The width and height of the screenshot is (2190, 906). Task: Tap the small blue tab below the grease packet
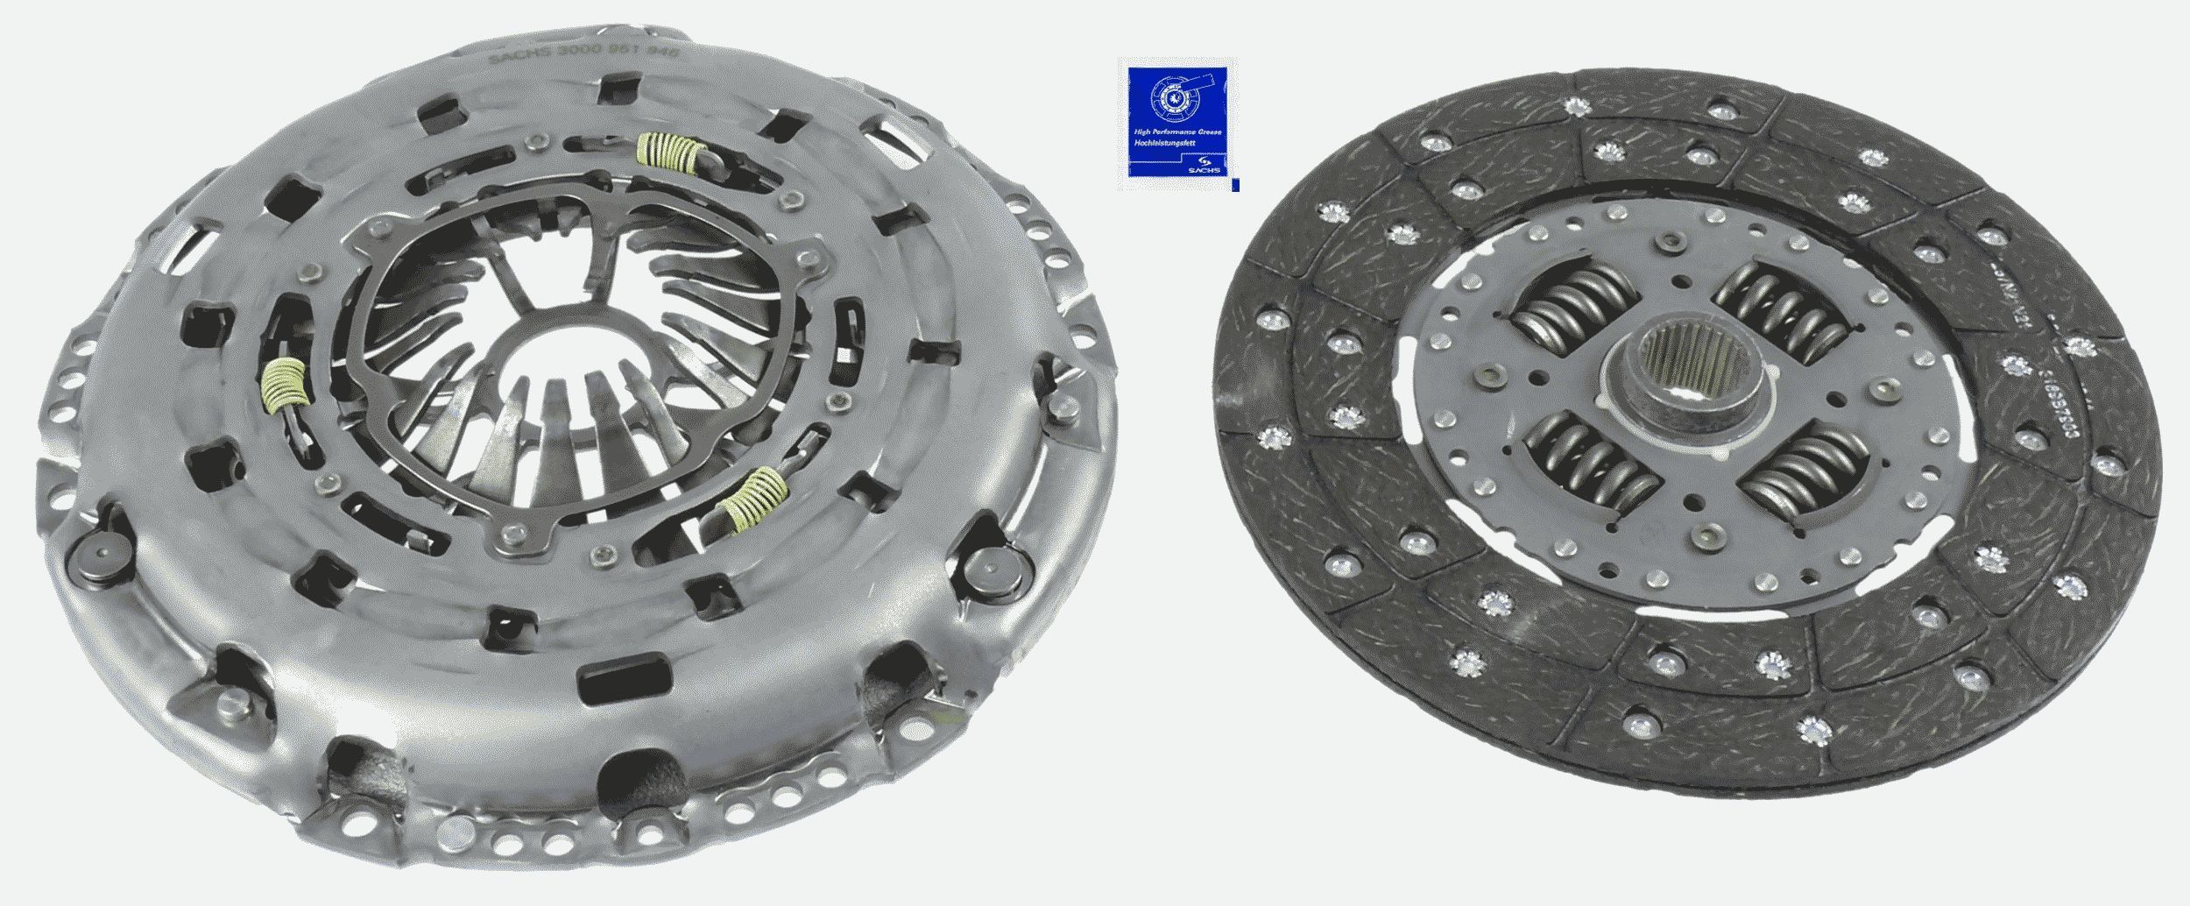coord(1235,185)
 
